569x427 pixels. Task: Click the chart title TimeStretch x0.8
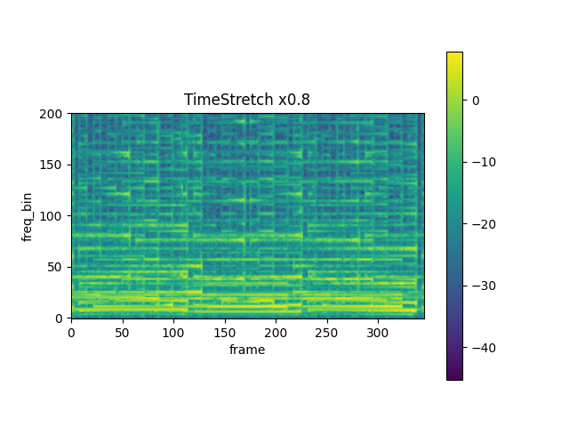[x=247, y=100]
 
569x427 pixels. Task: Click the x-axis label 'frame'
[x=247, y=350]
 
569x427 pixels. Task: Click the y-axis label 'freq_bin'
[x=28, y=216]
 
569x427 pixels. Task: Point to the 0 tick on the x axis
[x=72, y=332]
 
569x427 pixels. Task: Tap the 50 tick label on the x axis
[x=123, y=332]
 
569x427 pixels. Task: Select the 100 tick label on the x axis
[x=174, y=332]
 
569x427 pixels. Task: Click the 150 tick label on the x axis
[x=225, y=332]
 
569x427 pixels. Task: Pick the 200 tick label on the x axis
[x=276, y=332]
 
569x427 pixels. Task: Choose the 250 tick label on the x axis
[x=327, y=332]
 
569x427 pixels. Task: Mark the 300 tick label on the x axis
[x=379, y=332]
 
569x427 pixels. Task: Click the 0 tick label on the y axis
[x=60, y=318]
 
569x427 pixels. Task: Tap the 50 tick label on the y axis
[x=56, y=267]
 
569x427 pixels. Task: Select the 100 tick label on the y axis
[x=52, y=216]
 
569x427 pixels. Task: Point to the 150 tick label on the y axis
[x=52, y=165]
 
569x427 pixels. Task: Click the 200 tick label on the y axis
[x=52, y=114]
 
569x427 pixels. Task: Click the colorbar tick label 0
[x=476, y=101]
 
